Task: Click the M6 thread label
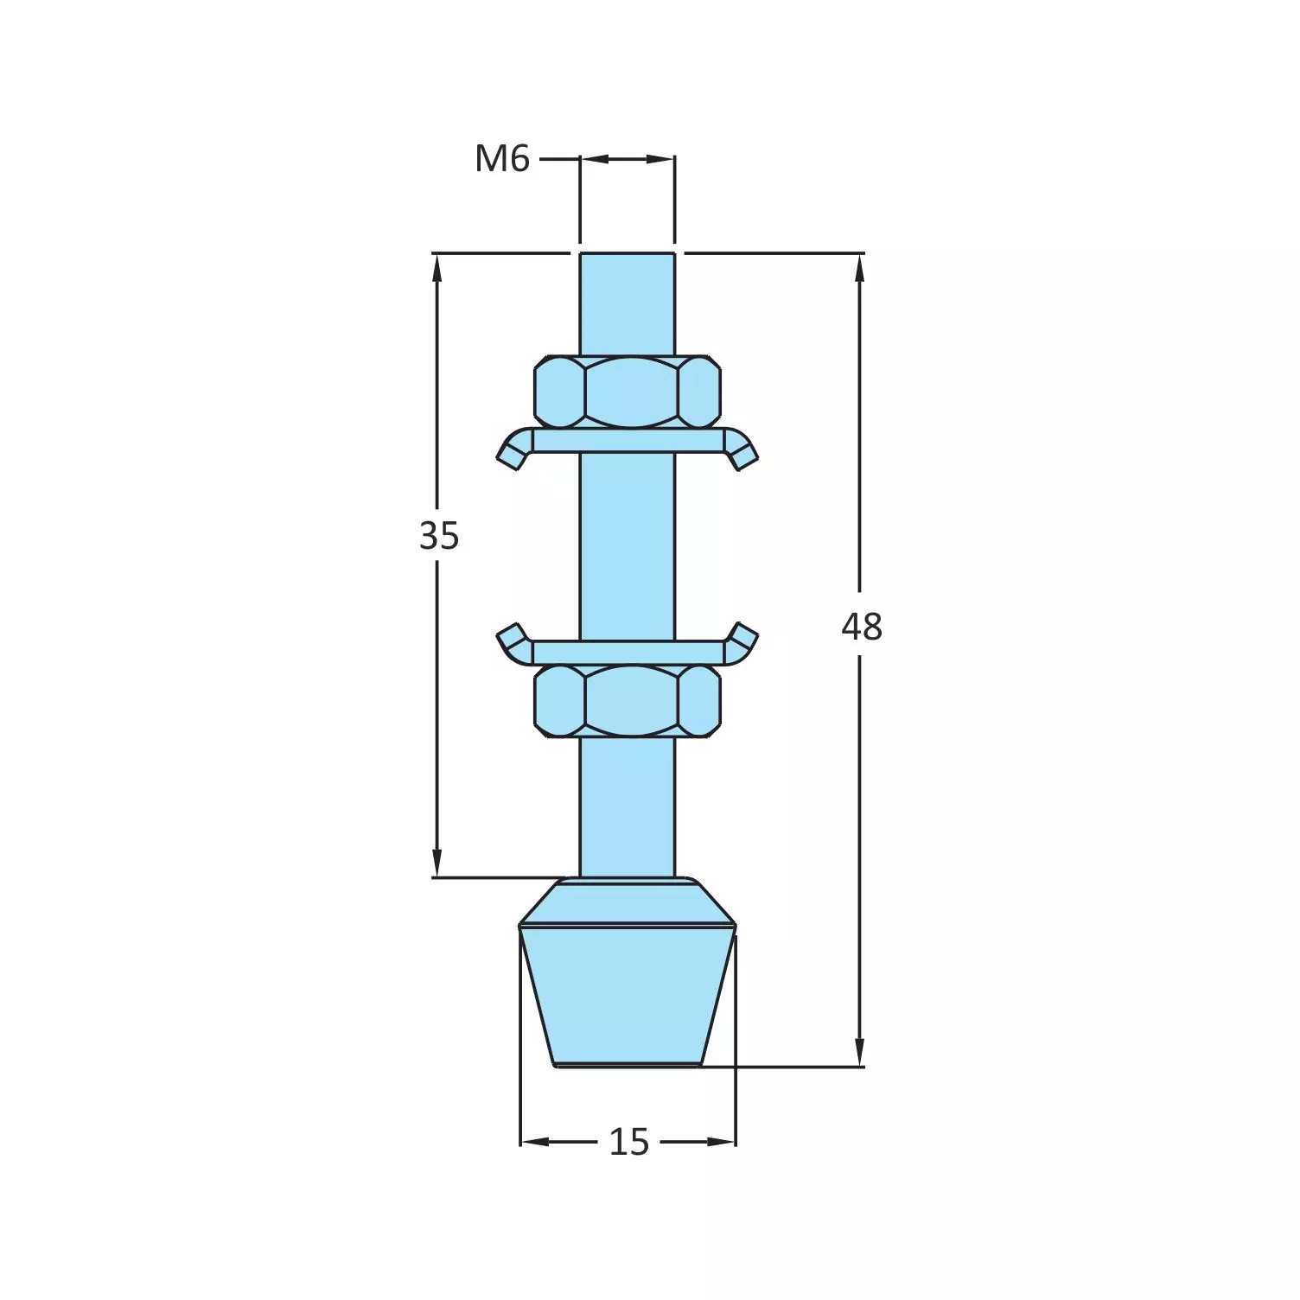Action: coord(501,159)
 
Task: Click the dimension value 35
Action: coord(438,536)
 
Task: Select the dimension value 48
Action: coord(861,627)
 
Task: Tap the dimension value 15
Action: coord(628,1143)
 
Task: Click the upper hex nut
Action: coord(628,392)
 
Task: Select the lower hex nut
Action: coord(628,701)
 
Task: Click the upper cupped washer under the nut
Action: coord(628,441)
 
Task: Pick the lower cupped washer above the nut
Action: coord(628,652)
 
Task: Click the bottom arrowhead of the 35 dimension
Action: coord(437,864)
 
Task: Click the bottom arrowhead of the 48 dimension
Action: coord(859,1054)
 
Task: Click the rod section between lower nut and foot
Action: coord(628,808)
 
